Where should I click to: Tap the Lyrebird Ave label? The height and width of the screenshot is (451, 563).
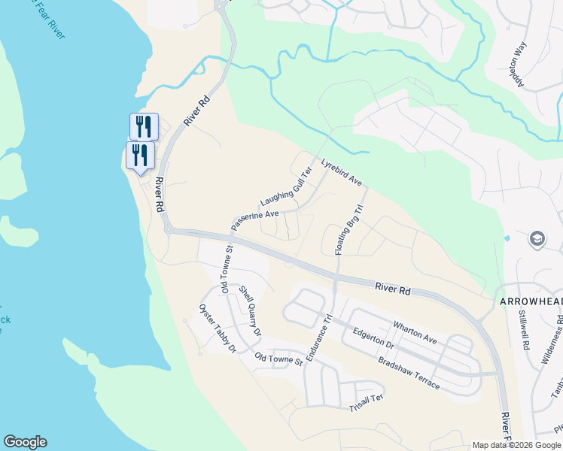point(342,173)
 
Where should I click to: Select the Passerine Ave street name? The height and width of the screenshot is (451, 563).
point(255,220)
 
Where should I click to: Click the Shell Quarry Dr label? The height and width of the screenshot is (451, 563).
point(250,310)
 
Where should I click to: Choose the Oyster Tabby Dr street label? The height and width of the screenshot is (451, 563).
point(218,328)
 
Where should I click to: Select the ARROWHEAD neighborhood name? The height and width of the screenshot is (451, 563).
point(531,301)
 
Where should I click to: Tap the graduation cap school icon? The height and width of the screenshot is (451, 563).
point(537,239)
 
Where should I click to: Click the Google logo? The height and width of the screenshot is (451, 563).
point(25,442)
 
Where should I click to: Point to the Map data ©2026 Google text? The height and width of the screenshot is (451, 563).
point(516,445)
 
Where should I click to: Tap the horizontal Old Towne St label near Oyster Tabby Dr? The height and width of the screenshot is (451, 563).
point(278,360)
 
